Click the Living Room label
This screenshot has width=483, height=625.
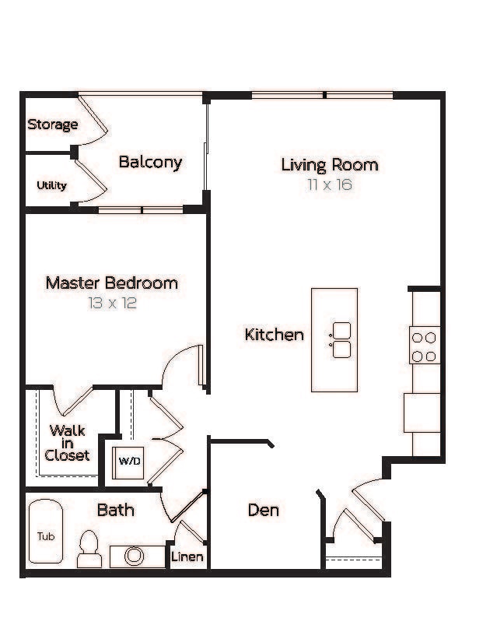point(329,165)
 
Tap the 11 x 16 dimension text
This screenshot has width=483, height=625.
point(329,185)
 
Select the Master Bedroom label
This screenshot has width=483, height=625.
point(111,283)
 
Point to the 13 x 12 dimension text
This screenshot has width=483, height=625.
point(112,303)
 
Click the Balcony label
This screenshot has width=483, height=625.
point(150,162)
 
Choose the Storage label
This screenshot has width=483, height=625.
point(53,125)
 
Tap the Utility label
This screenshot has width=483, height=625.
point(51,185)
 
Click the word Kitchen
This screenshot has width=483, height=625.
point(274,335)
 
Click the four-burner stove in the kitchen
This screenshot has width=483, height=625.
point(424,347)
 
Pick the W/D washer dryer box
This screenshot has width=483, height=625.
point(129,461)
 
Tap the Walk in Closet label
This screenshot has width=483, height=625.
point(67,443)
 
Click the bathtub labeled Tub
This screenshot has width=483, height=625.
point(46,535)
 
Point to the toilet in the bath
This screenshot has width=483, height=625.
point(89,548)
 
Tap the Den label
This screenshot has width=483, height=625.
point(263,511)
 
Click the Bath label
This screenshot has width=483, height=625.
point(115,511)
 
